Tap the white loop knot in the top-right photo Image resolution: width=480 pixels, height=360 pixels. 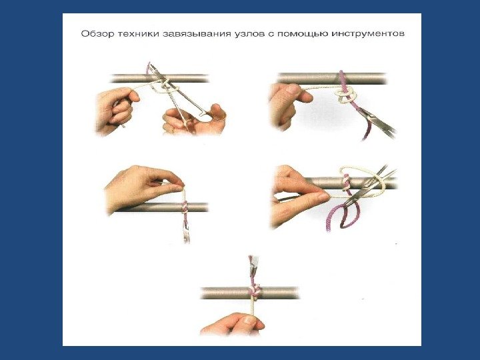point(346,95)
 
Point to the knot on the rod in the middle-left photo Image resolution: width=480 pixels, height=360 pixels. point(184,207)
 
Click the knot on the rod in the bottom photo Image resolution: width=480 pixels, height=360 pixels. point(255,290)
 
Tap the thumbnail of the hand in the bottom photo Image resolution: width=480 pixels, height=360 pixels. point(249,320)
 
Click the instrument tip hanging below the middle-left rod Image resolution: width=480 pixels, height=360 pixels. point(186,236)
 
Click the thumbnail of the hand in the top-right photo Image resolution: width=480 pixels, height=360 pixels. point(292,89)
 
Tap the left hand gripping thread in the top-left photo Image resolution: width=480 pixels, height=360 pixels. point(116,111)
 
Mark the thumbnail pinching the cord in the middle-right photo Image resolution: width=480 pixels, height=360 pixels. point(323,197)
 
